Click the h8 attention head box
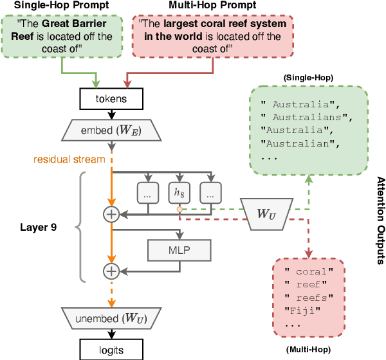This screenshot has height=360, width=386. click(179, 192)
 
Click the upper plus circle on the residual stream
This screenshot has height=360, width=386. click(113, 212)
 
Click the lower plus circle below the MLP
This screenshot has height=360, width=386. click(113, 271)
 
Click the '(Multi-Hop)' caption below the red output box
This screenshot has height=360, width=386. click(307, 349)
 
